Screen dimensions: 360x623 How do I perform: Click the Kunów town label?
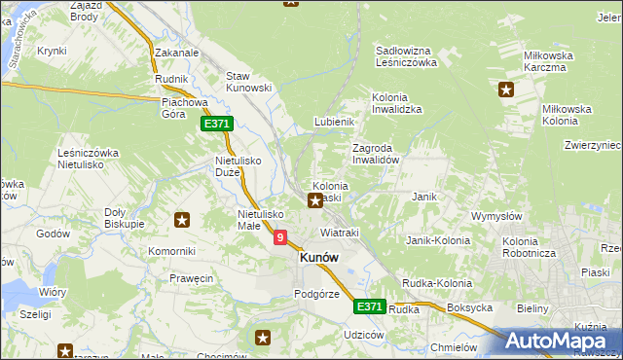(319, 258)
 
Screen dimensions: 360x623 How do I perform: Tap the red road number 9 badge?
(281, 236)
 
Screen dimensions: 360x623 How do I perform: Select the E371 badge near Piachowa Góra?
(216, 125)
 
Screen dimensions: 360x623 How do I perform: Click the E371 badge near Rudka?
(368, 306)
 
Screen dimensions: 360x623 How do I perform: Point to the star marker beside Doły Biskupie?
(181, 220)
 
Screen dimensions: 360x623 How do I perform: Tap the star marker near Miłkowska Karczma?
(505, 91)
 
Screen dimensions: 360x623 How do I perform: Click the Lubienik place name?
(332, 122)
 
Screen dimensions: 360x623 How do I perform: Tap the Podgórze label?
(316, 294)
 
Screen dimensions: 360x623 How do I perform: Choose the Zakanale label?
(176, 54)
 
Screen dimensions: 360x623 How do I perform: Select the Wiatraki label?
(340, 233)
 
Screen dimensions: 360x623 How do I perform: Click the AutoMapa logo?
(559, 341)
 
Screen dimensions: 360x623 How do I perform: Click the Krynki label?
(51, 50)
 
